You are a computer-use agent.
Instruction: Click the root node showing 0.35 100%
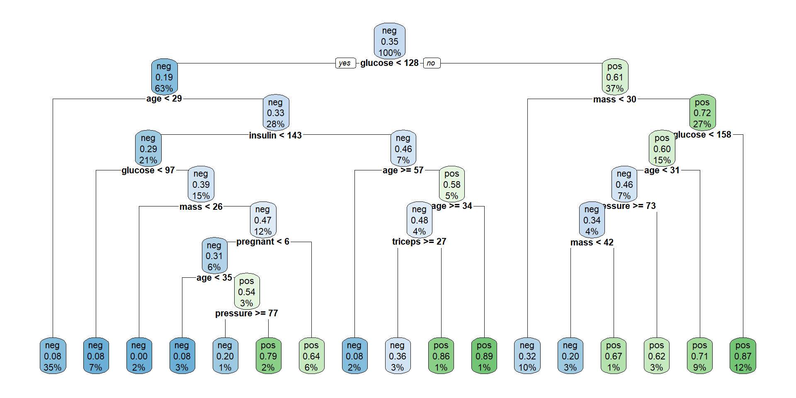(x=389, y=41)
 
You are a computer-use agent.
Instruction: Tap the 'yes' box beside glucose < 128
(x=345, y=63)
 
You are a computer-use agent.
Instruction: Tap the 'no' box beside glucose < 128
(x=431, y=63)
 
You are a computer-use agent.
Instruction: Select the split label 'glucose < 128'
(x=389, y=63)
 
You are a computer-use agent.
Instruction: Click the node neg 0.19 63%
(x=164, y=77)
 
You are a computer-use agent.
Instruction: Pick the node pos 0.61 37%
(x=615, y=77)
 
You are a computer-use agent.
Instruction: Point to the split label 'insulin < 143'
(x=275, y=135)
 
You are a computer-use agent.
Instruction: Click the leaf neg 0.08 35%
(x=53, y=356)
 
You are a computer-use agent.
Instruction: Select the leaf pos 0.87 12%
(x=743, y=356)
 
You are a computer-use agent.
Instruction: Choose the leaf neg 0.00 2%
(x=139, y=356)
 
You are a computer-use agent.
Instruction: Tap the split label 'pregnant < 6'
(x=263, y=242)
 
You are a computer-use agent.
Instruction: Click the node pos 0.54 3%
(x=247, y=292)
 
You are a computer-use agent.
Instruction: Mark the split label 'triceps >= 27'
(x=419, y=242)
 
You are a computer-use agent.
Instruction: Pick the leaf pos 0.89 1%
(x=484, y=356)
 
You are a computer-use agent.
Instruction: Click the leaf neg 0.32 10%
(x=527, y=356)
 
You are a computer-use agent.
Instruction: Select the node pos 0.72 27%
(x=702, y=113)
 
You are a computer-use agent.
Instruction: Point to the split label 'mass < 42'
(x=592, y=243)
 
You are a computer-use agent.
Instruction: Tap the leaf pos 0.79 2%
(x=268, y=356)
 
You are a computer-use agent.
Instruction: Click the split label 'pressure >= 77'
(x=247, y=313)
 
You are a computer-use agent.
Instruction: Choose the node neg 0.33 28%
(x=276, y=113)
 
